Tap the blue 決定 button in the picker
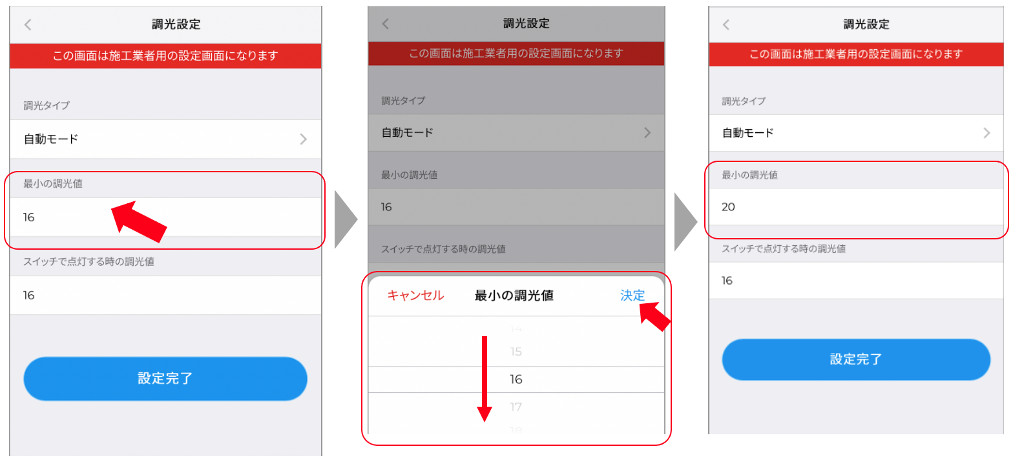(632, 296)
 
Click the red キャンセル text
(415, 296)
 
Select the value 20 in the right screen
(728, 207)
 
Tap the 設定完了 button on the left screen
(165, 379)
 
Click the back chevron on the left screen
(28, 25)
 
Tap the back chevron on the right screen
(726, 25)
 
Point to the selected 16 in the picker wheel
(516, 379)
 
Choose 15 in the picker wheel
(516, 352)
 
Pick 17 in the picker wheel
(516, 407)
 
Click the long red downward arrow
(485, 379)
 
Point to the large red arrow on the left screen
(139, 221)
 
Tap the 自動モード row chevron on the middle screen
(647, 133)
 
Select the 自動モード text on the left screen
(51, 139)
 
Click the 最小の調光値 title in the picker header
(514, 296)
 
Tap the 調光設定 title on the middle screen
(527, 23)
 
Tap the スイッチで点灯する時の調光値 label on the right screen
(783, 249)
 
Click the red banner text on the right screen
(856, 54)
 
